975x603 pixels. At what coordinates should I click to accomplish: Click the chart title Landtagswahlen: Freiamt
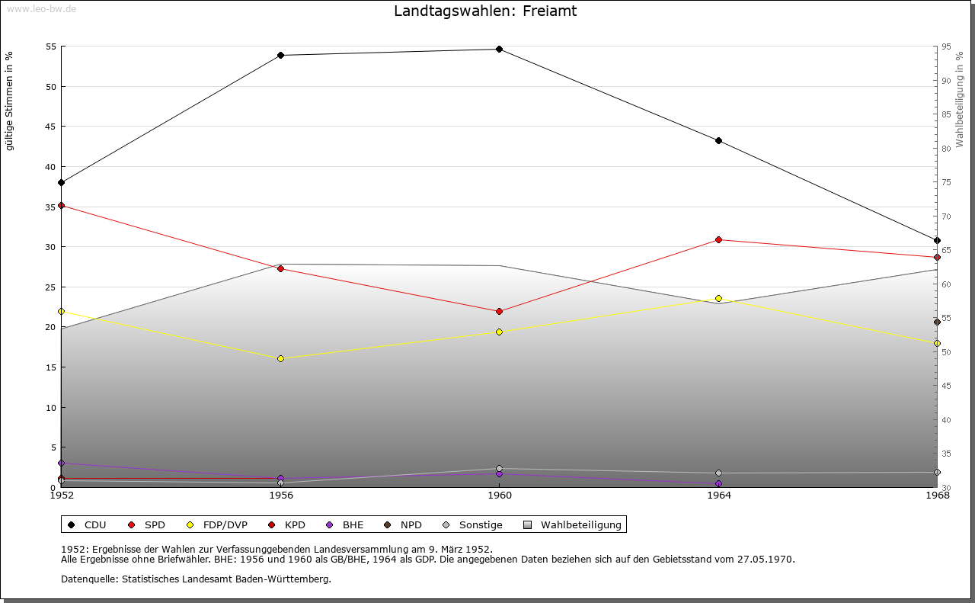coord(485,11)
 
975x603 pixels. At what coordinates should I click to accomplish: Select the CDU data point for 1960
coord(499,50)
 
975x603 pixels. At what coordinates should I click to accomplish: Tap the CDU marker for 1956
coord(281,56)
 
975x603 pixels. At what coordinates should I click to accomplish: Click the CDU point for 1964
coord(718,141)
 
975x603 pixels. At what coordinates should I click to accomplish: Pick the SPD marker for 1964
coord(718,240)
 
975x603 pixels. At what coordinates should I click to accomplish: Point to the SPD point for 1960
coord(499,311)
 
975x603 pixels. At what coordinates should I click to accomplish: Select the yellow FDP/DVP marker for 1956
coord(281,358)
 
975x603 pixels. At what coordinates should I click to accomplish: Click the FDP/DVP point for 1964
coord(718,299)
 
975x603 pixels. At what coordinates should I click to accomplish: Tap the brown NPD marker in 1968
coord(937,322)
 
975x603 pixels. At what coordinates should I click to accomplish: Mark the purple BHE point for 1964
coord(718,484)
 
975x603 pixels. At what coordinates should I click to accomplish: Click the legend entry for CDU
coord(88,524)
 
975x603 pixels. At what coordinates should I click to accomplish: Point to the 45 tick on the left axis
coord(52,127)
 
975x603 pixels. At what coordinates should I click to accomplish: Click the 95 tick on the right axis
coord(945,47)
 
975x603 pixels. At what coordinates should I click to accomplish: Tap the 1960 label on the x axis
coord(500,496)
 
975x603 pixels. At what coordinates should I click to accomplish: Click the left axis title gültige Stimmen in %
coord(9,101)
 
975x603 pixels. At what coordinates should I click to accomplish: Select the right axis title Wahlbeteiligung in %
coord(960,99)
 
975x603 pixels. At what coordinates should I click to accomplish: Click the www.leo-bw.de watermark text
coord(40,8)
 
